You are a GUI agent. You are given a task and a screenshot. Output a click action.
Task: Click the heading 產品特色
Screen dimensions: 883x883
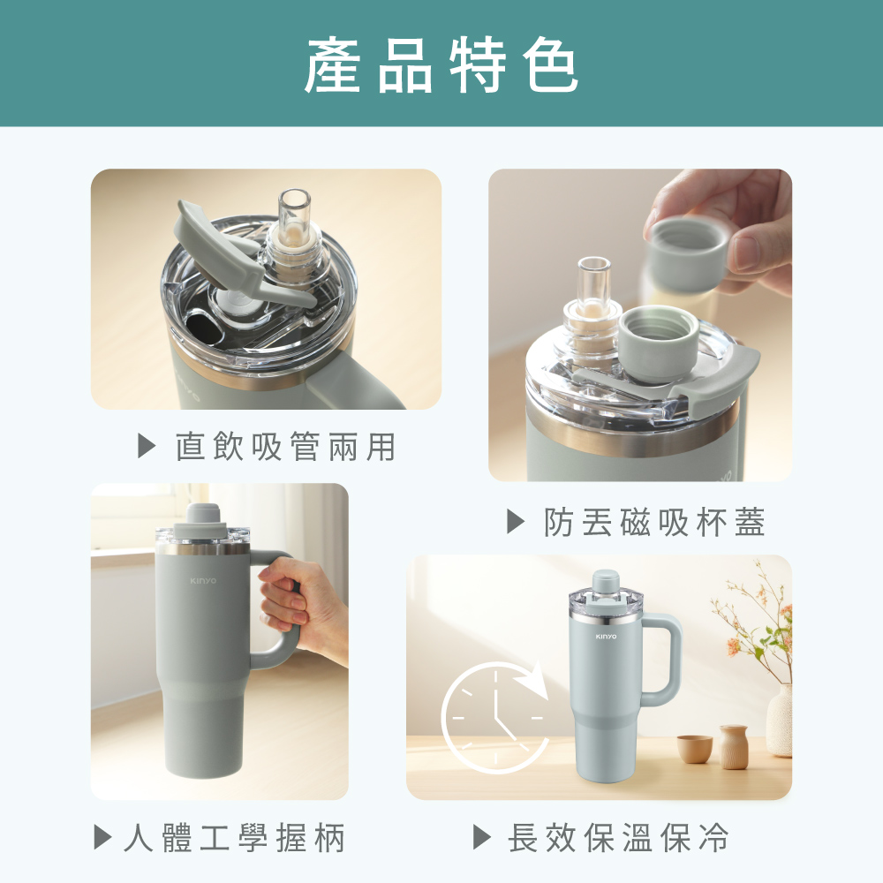(441, 64)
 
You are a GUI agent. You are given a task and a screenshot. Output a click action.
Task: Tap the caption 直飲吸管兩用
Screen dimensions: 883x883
(285, 447)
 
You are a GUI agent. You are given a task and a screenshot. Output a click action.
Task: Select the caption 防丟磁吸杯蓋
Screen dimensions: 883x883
(654, 522)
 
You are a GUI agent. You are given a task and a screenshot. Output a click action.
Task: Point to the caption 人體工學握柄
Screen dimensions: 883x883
(234, 837)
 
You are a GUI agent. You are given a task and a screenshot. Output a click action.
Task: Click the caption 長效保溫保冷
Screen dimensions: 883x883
(618, 837)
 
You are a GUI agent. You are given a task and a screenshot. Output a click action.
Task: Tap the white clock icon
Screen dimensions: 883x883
(494, 717)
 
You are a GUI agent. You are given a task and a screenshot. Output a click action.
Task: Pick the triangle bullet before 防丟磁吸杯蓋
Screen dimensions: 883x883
(516, 521)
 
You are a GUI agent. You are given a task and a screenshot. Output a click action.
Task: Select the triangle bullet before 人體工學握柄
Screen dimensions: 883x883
(102, 837)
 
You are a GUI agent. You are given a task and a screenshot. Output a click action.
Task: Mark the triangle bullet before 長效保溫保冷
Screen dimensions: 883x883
(482, 837)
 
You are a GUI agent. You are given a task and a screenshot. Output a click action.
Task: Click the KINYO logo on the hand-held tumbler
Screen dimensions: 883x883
(203, 581)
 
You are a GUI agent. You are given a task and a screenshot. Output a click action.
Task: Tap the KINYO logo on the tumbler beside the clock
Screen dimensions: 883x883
(606, 637)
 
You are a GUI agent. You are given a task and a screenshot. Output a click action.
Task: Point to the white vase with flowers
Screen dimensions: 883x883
(780, 721)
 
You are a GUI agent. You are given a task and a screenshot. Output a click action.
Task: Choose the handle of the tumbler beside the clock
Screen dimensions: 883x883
(662, 659)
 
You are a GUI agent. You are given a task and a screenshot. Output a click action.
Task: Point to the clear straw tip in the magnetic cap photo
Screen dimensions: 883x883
(594, 279)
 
